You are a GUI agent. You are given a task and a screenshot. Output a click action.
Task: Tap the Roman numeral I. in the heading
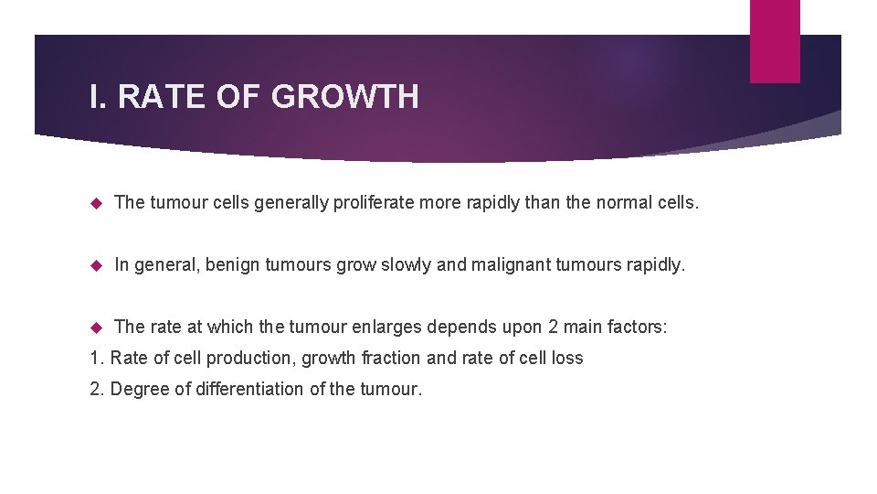[99, 96]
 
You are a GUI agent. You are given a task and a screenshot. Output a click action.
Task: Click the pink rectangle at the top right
[775, 40]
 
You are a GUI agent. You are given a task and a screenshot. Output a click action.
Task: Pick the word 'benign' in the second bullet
[232, 264]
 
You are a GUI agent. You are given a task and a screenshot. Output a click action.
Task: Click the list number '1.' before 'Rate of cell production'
[97, 358]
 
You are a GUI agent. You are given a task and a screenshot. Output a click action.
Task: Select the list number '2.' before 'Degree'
[98, 389]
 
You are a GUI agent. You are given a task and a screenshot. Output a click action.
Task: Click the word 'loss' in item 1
[566, 358]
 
